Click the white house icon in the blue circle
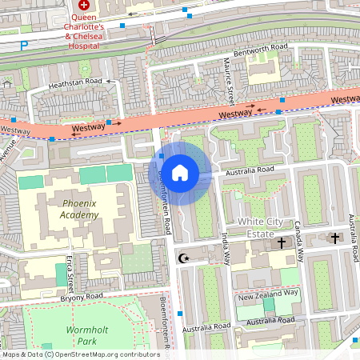click(180, 172)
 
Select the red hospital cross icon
click(83, 5)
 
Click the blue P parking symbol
click(23, 46)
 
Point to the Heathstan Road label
click(75, 82)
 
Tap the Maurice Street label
click(229, 78)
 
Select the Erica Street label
click(70, 274)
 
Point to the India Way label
click(226, 248)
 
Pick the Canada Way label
click(298, 239)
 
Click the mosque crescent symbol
click(184, 258)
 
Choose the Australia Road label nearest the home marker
click(250, 170)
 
